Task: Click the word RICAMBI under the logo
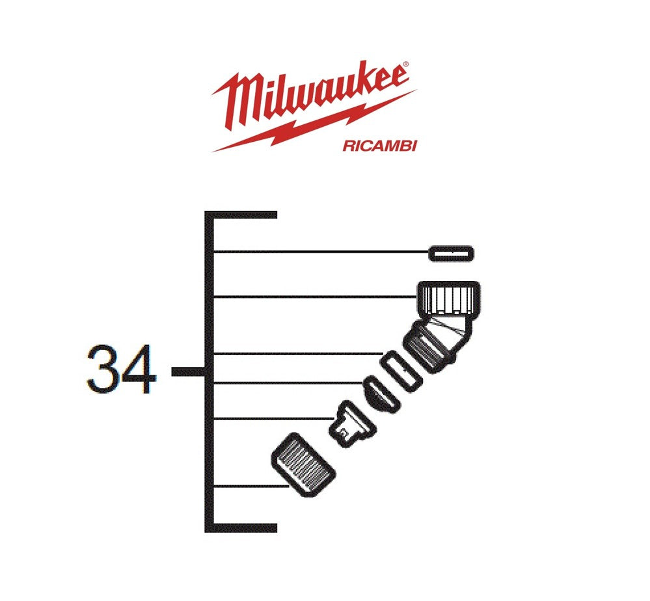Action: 379,146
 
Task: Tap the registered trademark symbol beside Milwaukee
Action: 406,64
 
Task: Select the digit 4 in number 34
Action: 139,369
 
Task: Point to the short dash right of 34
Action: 188,372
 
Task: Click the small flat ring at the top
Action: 452,253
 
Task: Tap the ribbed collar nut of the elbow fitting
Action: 448,298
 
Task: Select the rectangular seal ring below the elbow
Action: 401,371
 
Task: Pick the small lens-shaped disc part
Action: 380,394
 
